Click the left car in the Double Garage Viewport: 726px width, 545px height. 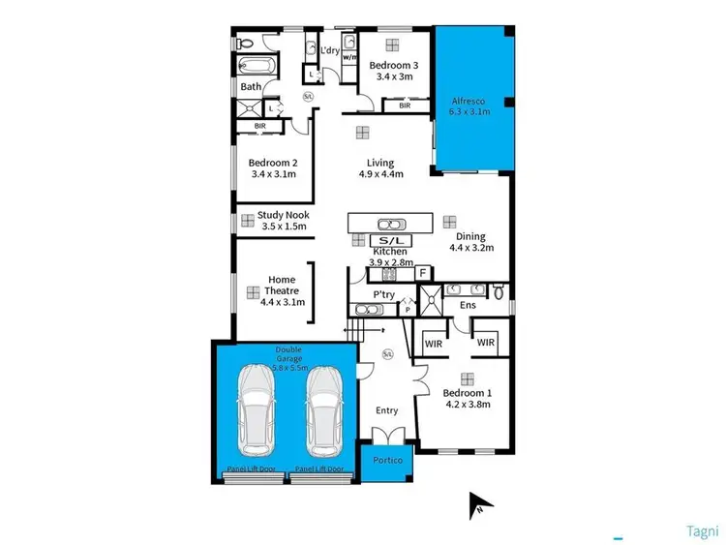click(257, 410)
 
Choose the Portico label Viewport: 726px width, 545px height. click(387, 461)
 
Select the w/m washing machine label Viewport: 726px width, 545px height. click(349, 57)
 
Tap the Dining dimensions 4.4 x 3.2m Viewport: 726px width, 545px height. click(471, 248)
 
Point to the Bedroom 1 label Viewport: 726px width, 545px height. click(468, 393)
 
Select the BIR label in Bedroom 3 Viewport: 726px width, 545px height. click(405, 106)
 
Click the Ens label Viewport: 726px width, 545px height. click(469, 306)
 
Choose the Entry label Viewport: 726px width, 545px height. click(386, 410)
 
